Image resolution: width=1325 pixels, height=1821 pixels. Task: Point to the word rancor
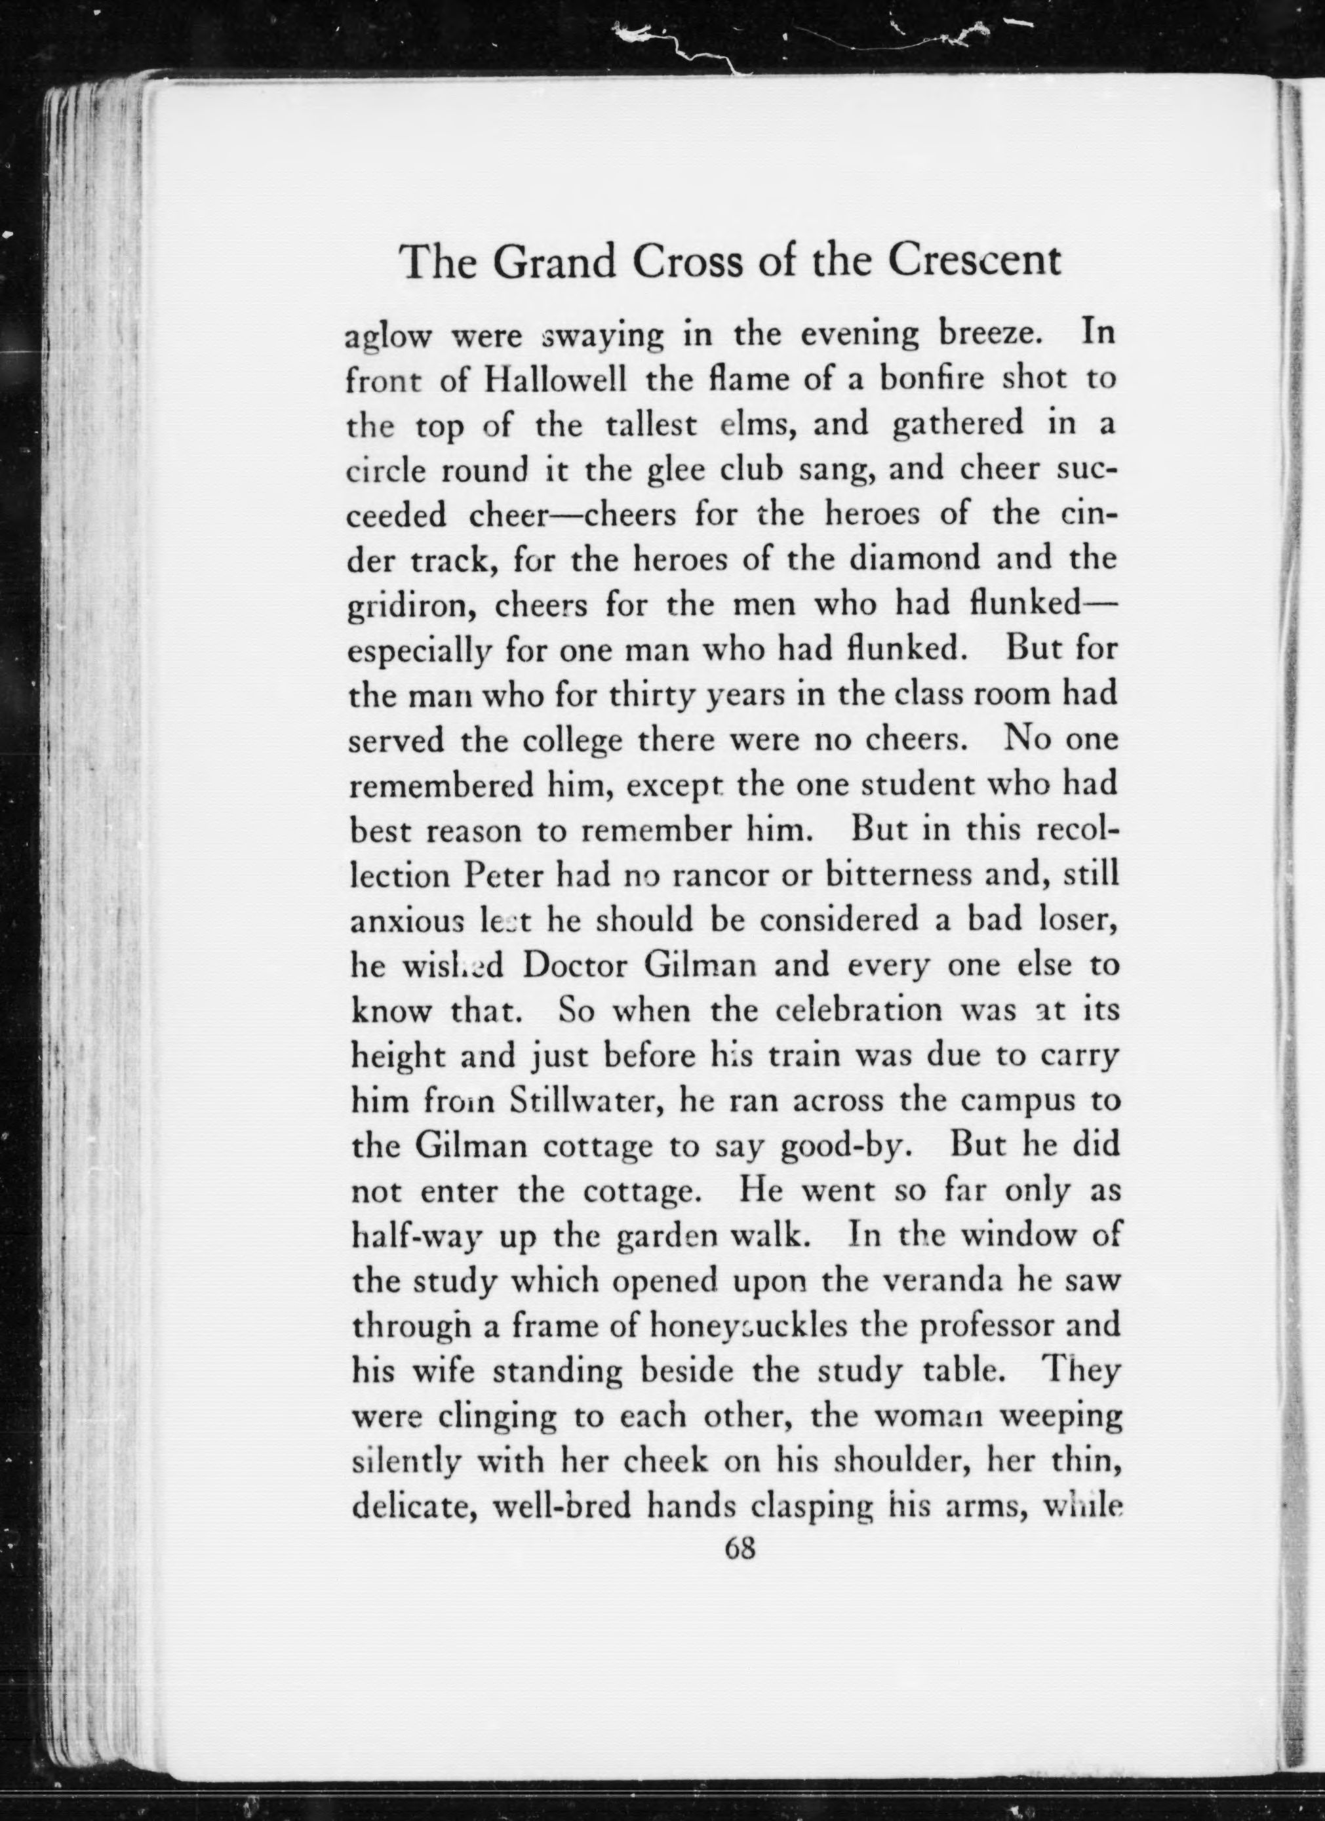(x=709, y=874)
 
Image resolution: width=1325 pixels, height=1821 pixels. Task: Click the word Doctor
(x=573, y=965)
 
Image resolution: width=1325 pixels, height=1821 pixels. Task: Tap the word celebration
(x=859, y=1009)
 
